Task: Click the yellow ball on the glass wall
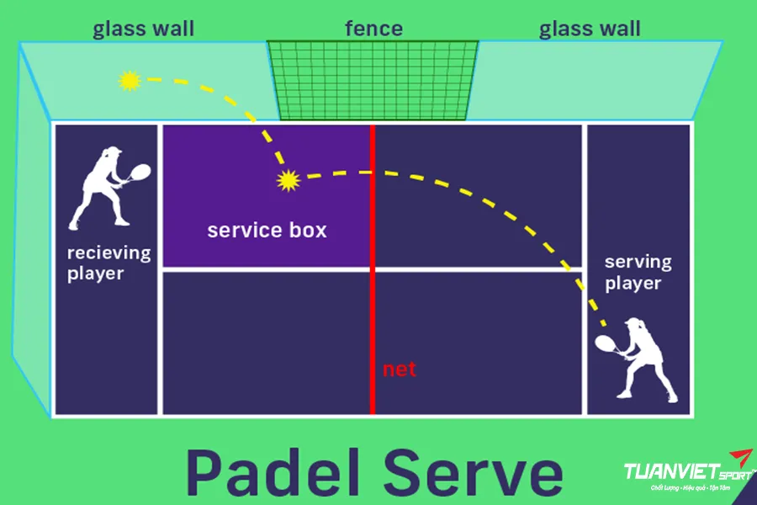(x=129, y=81)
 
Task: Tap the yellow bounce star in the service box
(x=289, y=179)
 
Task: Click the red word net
(x=400, y=369)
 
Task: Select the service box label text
(x=267, y=230)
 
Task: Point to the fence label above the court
(x=373, y=29)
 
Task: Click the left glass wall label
(x=143, y=29)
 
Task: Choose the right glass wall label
(x=590, y=29)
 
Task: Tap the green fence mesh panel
(x=373, y=80)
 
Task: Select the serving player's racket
(x=605, y=343)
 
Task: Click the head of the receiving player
(x=110, y=155)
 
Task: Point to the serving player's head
(x=633, y=326)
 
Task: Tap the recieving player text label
(x=109, y=263)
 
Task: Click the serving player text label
(x=638, y=272)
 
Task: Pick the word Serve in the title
(x=471, y=472)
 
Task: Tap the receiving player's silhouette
(x=105, y=189)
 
